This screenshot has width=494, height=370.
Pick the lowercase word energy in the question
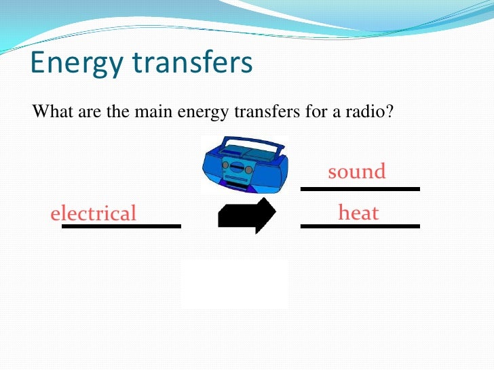pos(195,111)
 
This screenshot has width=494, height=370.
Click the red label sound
pos(356,171)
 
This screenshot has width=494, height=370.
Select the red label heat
pos(358,213)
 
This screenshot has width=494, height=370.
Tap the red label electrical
pos(94,213)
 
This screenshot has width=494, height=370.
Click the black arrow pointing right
pos(246,215)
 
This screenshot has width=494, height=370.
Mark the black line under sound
pos(360,188)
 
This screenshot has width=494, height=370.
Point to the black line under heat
pos(360,226)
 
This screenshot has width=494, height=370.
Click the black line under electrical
pos(121,226)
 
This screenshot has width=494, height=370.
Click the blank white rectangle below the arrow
pos(234,283)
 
